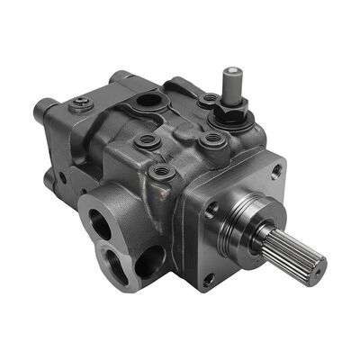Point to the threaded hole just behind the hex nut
tap(208, 98)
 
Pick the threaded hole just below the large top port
tap(142, 139)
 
